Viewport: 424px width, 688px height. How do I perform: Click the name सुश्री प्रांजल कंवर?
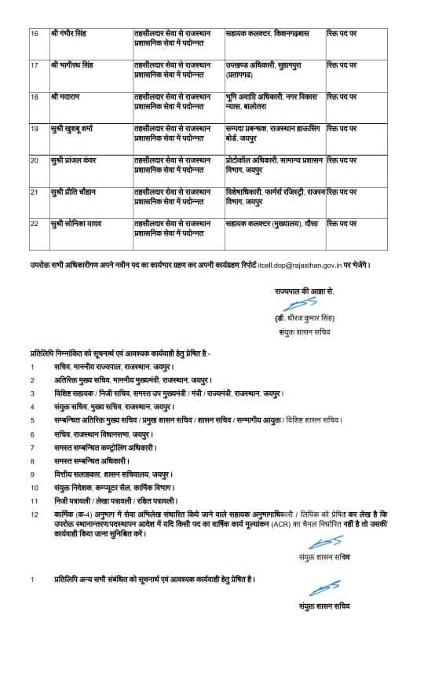[x=76, y=159]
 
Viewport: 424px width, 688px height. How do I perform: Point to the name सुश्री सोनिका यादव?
[x=77, y=224]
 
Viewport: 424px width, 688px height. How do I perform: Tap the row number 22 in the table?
[x=33, y=224]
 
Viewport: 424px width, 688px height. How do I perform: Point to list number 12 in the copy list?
[x=33, y=514]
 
